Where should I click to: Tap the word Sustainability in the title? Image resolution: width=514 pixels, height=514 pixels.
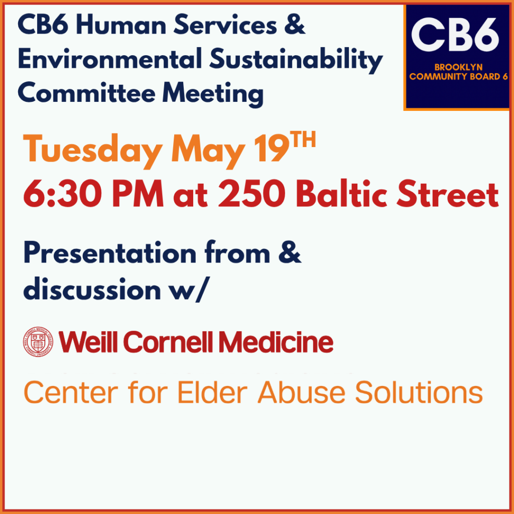tap(296, 60)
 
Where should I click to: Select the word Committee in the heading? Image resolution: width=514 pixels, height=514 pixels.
tap(87, 93)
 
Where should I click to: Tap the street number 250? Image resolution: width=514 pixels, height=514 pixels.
tap(251, 194)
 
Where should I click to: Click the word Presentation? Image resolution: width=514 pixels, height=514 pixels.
tap(110, 253)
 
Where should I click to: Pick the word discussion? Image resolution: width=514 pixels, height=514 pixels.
tap(92, 289)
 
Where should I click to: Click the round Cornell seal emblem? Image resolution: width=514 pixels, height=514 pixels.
tap(38, 342)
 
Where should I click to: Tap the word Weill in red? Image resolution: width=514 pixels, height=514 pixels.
tap(88, 341)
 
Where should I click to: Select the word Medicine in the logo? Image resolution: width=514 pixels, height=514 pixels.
tap(276, 341)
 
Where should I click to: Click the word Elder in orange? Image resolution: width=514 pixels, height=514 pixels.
tap(212, 392)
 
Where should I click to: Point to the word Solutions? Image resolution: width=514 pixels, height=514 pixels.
tap(419, 392)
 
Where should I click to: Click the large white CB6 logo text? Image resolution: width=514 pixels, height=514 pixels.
tap(456, 35)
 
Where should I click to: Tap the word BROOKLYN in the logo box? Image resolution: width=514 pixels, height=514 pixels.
tap(458, 67)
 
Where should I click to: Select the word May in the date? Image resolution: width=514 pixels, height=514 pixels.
tap(208, 151)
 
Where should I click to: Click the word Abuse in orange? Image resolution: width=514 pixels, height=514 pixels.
tap(302, 392)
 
